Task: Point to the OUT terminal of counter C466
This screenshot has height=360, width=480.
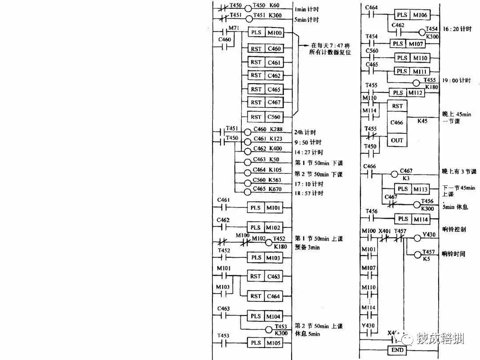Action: point(397,140)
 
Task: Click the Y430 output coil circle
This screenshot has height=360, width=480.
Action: point(417,238)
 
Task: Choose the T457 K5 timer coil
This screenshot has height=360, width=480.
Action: point(417,255)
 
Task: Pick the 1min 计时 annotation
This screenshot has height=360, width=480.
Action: point(307,9)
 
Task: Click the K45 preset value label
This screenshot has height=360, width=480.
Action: point(421,120)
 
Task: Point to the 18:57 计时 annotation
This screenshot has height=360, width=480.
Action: point(309,193)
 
